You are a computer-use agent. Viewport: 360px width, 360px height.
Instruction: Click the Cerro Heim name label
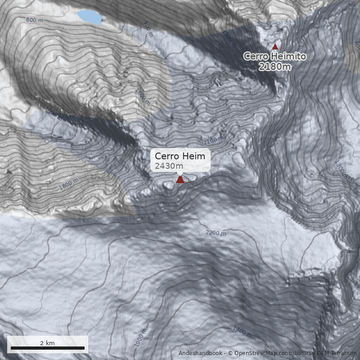180,156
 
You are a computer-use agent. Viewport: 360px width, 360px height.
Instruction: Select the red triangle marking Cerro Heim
180,180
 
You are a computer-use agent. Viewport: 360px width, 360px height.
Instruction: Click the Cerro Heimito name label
275,56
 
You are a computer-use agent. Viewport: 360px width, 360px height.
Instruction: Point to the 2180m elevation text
275,67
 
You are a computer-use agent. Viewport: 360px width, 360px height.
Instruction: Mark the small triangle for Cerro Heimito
275,46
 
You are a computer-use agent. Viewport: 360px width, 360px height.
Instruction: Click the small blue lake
89,17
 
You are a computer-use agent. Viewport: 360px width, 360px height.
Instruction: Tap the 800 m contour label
35,20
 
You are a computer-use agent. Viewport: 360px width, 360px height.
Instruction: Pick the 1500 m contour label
229,39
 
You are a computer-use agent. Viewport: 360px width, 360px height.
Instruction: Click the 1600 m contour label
142,97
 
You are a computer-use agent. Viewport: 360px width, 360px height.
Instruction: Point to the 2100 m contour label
213,140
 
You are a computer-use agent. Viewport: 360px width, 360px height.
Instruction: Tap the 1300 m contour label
341,168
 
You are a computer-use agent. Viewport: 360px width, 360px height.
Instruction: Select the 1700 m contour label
242,332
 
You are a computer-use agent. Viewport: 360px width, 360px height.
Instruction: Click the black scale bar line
47,348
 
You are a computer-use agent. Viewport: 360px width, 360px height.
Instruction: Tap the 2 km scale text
47,343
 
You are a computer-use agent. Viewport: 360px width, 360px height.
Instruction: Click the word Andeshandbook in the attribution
200,353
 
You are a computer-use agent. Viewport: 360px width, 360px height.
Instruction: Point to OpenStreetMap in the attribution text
256,353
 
